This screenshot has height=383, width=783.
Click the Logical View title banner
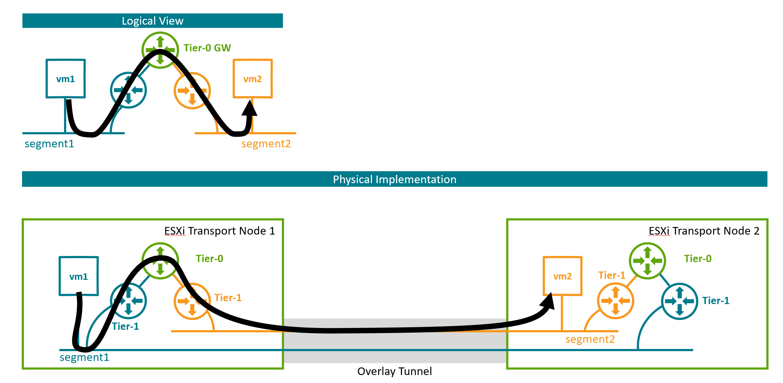click(152, 21)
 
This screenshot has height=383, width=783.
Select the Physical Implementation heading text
click(394, 180)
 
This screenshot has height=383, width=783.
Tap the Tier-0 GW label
click(207, 48)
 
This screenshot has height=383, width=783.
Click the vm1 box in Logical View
click(65, 79)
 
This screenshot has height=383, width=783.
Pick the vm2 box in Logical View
click(253, 79)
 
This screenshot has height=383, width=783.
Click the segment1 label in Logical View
click(49, 144)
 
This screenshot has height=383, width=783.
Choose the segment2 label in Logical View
click(266, 144)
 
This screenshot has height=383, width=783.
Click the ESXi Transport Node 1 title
click(219, 231)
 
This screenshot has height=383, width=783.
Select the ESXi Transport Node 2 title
click(704, 231)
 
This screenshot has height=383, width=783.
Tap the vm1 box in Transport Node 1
click(79, 276)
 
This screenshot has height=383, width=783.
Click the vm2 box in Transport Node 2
click(562, 276)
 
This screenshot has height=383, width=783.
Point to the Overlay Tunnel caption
click(394, 371)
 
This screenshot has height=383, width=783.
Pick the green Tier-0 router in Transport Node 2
click(647, 261)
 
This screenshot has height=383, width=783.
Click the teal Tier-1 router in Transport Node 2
click(679, 301)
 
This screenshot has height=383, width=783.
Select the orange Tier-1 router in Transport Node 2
click(615, 301)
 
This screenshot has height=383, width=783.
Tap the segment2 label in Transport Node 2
click(590, 339)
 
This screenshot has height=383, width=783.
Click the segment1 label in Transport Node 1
click(84, 357)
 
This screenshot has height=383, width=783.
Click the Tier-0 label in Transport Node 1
click(209, 258)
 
